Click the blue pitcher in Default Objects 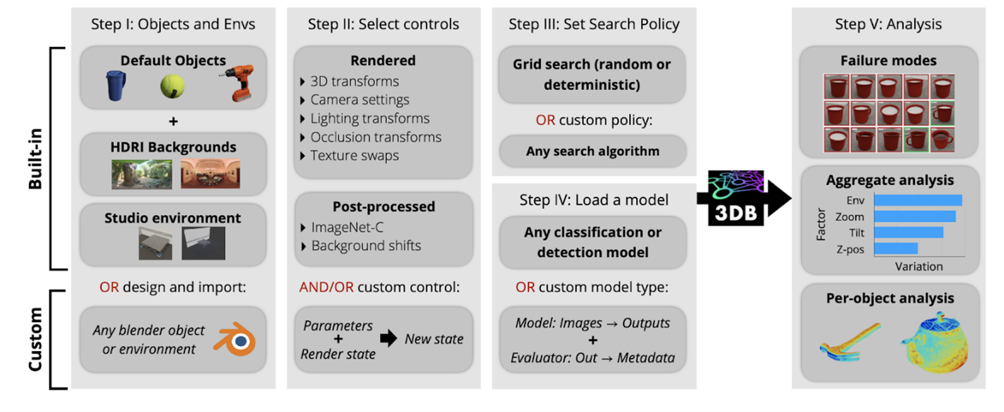click(x=114, y=86)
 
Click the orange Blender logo click(x=235, y=339)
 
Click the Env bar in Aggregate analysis click(x=918, y=201)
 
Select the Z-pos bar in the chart click(x=895, y=248)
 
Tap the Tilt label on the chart click(x=856, y=233)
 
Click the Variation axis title click(x=918, y=267)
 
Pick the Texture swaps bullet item click(x=354, y=155)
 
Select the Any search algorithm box click(x=593, y=151)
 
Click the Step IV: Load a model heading click(x=593, y=200)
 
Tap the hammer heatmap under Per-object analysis click(x=850, y=342)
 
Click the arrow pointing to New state click(x=389, y=339)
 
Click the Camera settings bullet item click(x=359, y=100)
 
